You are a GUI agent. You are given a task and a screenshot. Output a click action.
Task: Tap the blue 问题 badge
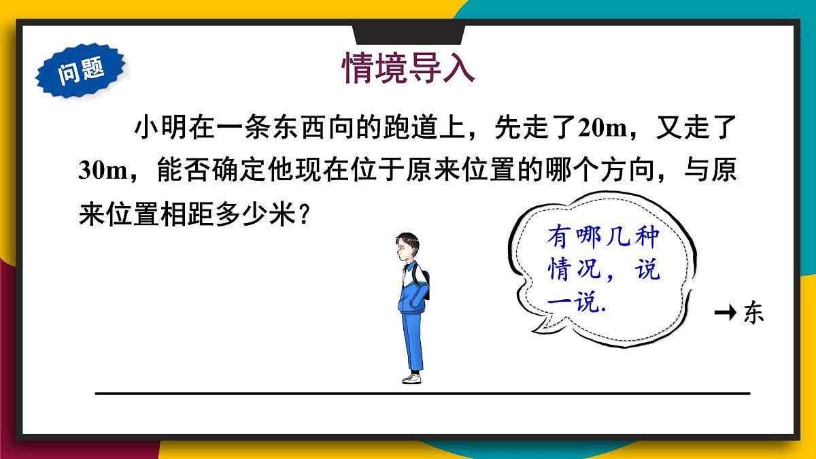pos(81,69)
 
